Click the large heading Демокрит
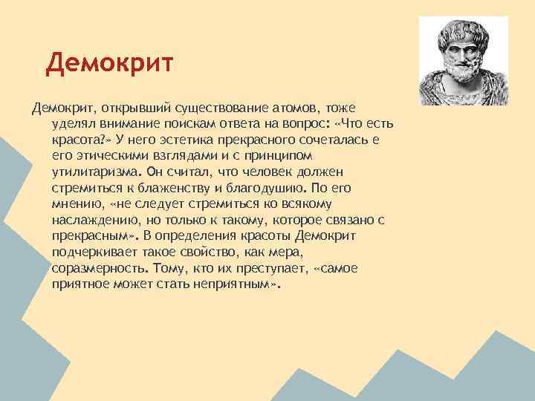point(108,64)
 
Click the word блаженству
point(175,188)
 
